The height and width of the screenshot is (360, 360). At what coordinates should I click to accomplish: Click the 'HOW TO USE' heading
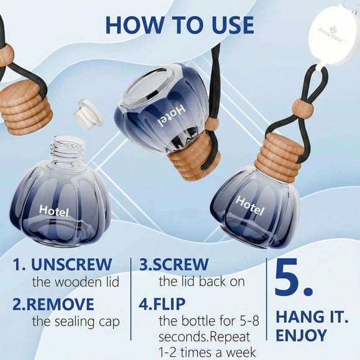pos(180,25)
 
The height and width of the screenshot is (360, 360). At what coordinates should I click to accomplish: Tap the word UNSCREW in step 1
pos(71,264)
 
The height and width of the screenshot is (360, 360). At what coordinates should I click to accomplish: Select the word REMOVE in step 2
pos(60,304)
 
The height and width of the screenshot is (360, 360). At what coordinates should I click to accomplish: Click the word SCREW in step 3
pos(180,264)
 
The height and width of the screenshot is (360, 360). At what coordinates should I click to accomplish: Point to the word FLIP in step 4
pos(169,304)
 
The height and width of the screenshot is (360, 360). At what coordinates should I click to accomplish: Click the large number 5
pos(293,277)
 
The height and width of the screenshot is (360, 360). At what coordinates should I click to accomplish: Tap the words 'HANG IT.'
pos(312,317)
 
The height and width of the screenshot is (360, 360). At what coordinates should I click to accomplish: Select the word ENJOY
pos(301,335)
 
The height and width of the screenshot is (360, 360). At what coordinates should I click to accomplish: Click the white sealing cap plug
pos(88,115)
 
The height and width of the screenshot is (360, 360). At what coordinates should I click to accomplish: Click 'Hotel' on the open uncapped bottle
pos(54,211)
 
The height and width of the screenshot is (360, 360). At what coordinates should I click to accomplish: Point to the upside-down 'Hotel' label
pos(172,115)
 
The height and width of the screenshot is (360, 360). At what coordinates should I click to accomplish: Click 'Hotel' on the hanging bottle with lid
pos(250,205)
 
